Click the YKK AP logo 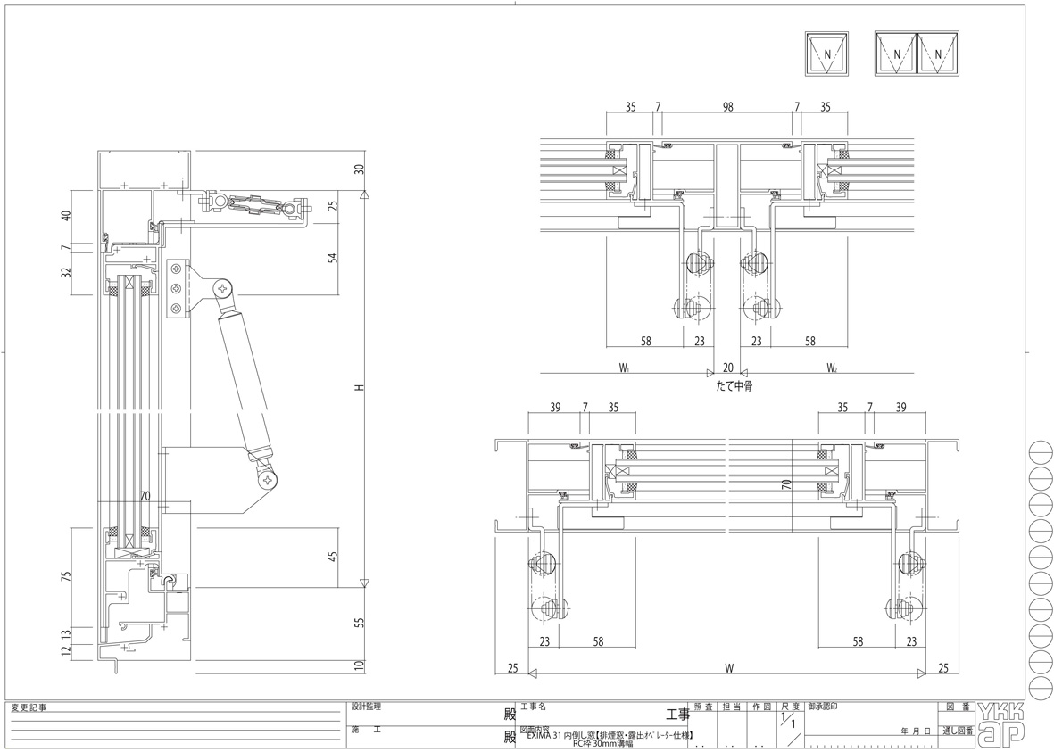[1000, 723]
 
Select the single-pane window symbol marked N [826, 55]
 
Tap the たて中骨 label [727, 387]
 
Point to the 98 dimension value [728, 107]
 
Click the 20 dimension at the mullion [728, 368]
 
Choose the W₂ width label [831, 368]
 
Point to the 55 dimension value [359, 622]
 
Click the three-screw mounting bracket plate [178, 287]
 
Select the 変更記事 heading [29, 707]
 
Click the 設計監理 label [365, 706]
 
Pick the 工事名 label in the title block [533, 706]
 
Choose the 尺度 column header [790, 706]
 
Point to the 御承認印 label [822, 706]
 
